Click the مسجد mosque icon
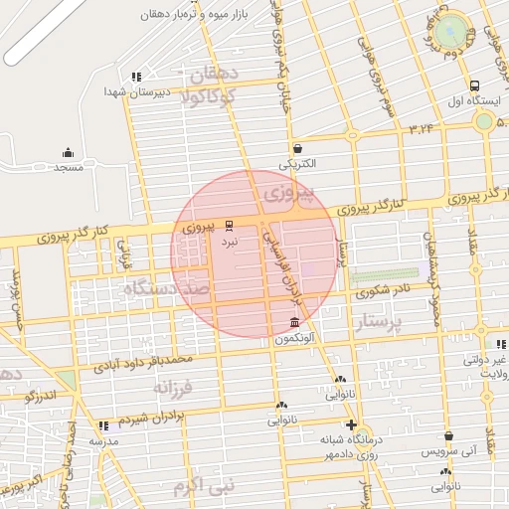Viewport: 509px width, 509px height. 68,152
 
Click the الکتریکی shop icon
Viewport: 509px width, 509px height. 297,148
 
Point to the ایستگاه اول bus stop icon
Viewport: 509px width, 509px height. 475,85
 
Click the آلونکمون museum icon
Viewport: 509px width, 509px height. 293,323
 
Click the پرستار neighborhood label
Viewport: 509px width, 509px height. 381,322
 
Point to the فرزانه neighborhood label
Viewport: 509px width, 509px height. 206,386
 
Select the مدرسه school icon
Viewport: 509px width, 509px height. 103,425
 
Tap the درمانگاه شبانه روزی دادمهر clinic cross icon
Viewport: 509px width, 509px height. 351,424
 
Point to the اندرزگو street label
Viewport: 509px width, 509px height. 44,397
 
